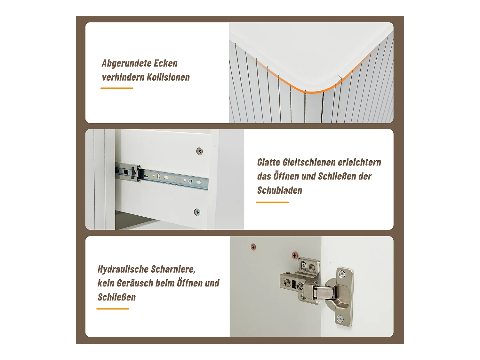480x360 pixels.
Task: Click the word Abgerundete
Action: coord(126,64)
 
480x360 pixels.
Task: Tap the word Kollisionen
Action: coord(168,77)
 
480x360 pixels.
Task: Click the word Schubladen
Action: coord(280,190)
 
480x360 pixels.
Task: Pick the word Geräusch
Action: coord(135,283)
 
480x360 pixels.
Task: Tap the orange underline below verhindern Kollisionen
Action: coord(117,88)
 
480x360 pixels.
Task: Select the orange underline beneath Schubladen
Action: coord(272,202)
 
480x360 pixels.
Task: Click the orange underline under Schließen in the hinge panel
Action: coord(113,309)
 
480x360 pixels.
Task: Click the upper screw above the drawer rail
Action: coord(199,151)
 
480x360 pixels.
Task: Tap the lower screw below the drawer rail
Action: coord(197,212)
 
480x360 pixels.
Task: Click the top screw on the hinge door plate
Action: coord(342,274)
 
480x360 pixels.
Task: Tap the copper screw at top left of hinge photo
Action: coord(253,247)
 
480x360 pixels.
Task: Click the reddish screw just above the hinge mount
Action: coord(295,255)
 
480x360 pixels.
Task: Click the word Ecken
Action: coord(165,63)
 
